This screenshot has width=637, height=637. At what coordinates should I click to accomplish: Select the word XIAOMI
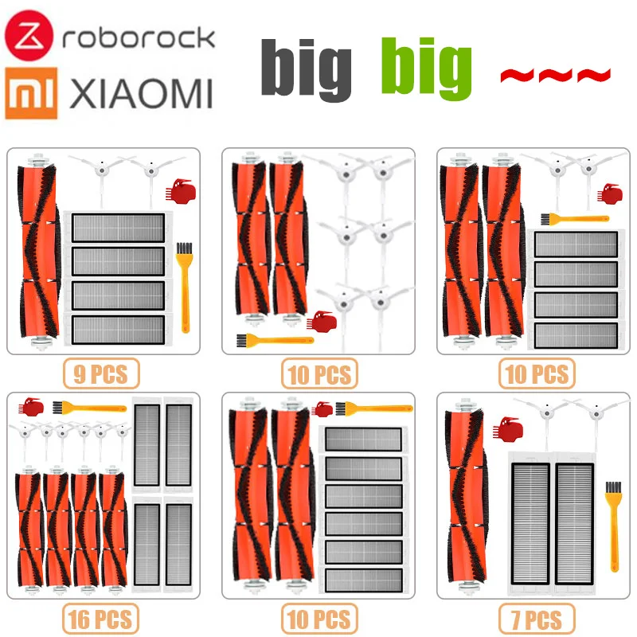click(x=141, y=94)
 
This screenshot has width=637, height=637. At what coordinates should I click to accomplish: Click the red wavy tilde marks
click(x=554, y=76)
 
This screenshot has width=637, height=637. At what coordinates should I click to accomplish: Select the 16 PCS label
click(x=100, y=617)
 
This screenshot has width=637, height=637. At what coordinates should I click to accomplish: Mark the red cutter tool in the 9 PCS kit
click(x=176, y=192)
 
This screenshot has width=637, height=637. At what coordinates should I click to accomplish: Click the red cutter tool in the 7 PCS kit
click(x=506, y=431)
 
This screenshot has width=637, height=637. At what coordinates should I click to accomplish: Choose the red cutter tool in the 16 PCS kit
click(x=31, y=408)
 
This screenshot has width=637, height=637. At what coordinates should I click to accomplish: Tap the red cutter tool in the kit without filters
click(x=325, y=322)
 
